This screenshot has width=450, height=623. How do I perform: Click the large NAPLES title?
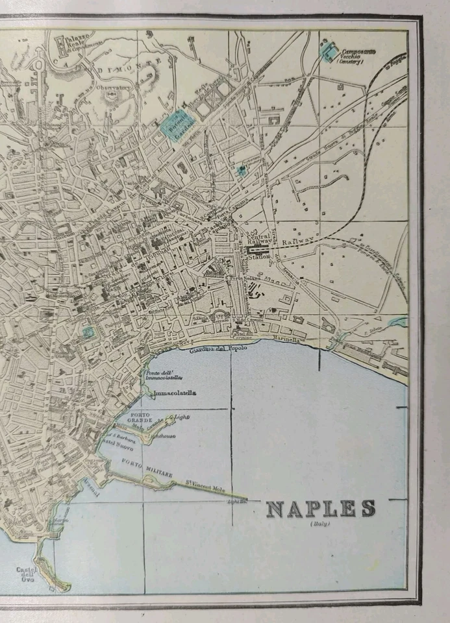320,509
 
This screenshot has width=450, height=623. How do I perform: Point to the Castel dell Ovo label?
27,575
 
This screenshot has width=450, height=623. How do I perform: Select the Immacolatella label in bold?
173,393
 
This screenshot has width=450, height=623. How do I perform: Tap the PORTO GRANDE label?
141,419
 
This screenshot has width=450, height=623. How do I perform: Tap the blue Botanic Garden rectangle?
174,123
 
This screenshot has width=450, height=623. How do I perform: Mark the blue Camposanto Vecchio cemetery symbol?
328,52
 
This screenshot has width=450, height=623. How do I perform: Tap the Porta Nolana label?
243,278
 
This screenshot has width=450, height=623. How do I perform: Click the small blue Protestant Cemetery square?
242,171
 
